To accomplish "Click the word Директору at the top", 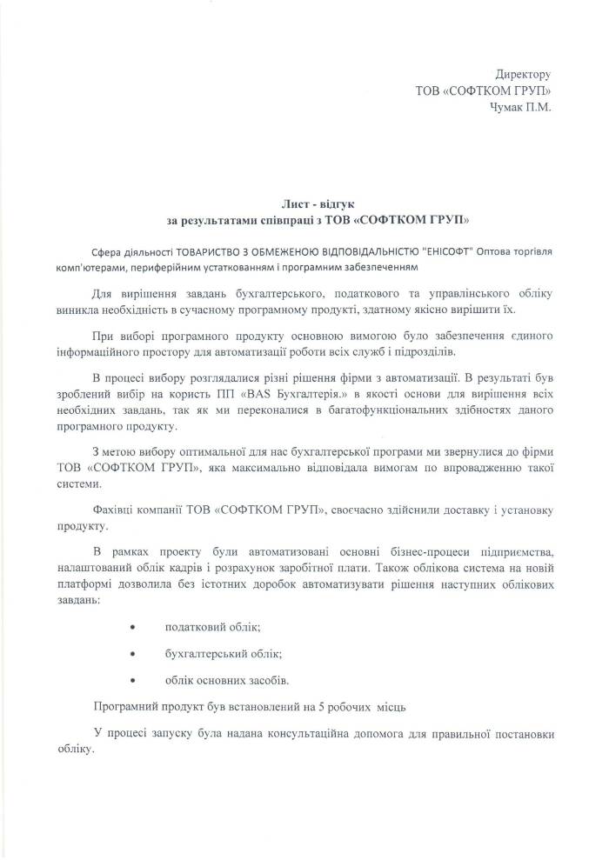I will (523, 76).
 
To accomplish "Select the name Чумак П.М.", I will (521, 107).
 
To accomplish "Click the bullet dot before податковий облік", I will (132, 628).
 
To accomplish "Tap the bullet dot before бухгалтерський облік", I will (132, 653).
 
